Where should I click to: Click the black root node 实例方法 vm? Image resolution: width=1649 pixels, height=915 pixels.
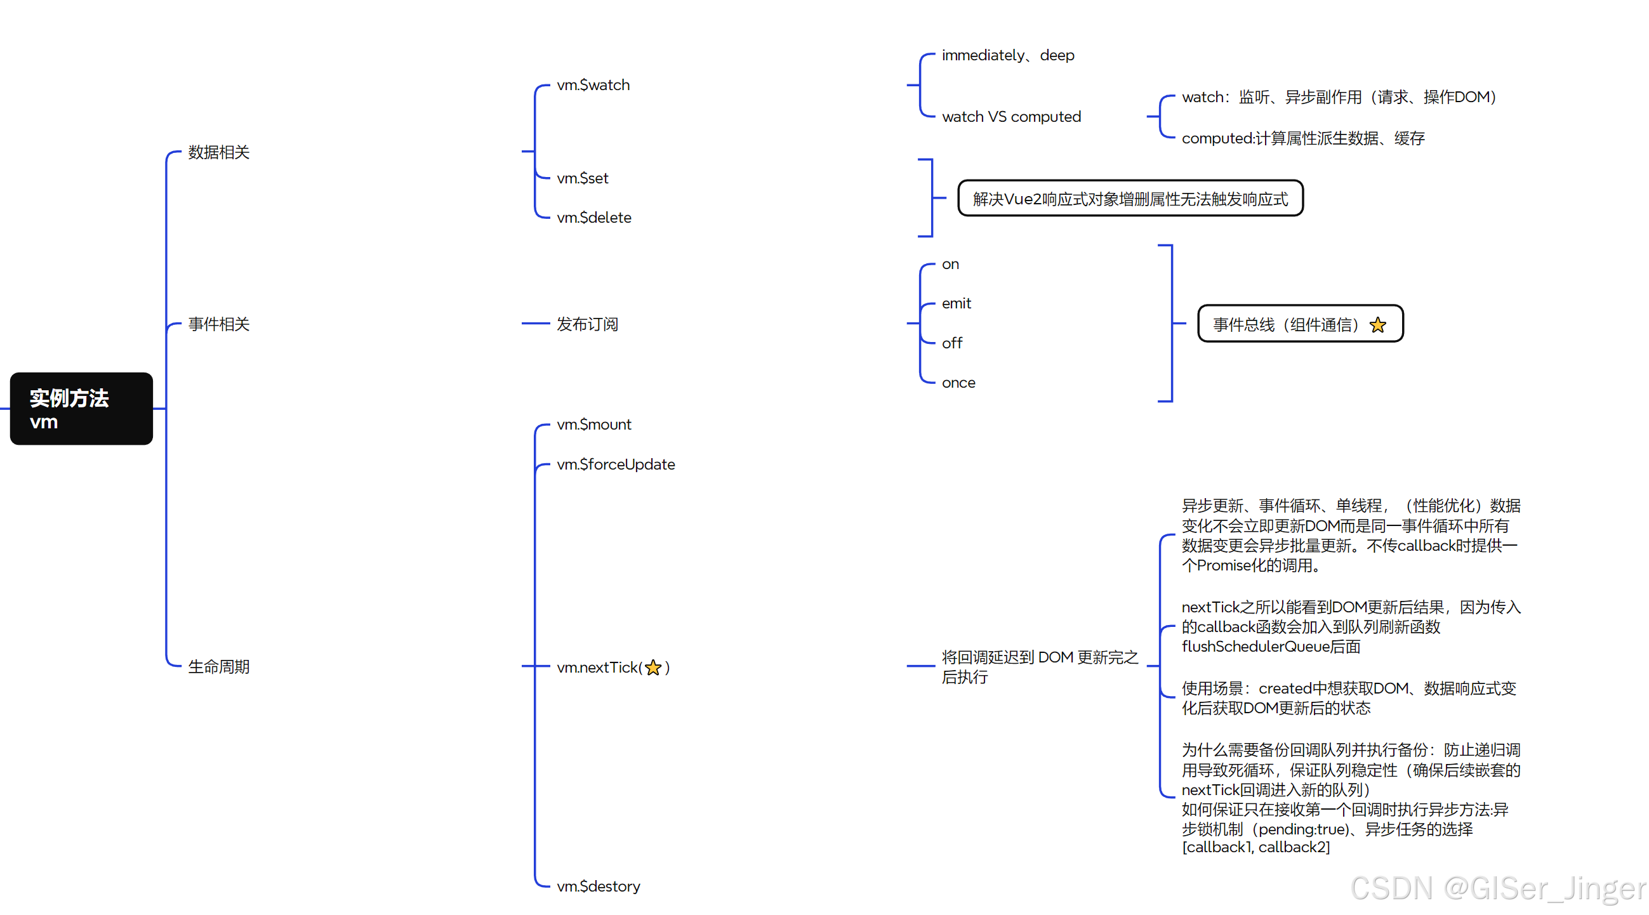[x=81, y=409]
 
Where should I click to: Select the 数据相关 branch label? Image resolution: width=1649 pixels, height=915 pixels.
[x=218, y=152]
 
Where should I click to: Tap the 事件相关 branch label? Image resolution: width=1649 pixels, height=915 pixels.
[x=218, y=324]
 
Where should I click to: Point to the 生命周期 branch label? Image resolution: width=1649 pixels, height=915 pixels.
[x=218, y=667]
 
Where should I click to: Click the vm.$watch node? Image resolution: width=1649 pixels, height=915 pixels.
[x=593, y=85]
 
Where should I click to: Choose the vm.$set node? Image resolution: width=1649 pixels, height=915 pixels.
[x=582, y=178]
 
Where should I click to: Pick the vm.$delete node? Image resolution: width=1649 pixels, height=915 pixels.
[x=593, y=218]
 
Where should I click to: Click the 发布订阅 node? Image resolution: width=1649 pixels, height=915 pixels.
[x=586, y=324]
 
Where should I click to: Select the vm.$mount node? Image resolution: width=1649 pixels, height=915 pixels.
[x=593, y=425]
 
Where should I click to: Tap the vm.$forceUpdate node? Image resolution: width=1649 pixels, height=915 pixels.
[x=615, y=464]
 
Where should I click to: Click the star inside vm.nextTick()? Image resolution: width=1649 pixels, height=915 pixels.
[x=653, y=668]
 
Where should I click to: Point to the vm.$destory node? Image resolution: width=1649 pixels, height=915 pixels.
[x=598, y=887]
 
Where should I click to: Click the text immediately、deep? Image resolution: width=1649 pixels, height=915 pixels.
[x=1007, y=56]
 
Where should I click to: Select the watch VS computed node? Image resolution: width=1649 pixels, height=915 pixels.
[x=1010, y=117]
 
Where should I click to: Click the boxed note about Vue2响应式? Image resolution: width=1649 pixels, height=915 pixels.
[x=1130, y=199]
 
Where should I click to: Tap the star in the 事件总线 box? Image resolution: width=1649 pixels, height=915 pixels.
[x=1378, y=326]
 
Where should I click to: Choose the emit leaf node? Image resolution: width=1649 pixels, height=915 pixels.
[x=956, y=304]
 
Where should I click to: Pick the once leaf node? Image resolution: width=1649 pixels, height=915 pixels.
[x=958, y=383]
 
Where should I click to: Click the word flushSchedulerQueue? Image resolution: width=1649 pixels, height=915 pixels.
[x=1255, y=647]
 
